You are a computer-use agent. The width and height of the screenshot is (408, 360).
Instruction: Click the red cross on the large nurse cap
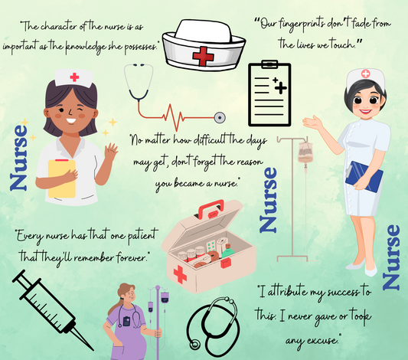[x=203, y=54]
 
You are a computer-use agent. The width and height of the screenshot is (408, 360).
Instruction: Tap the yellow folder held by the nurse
[x=61, y=178]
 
